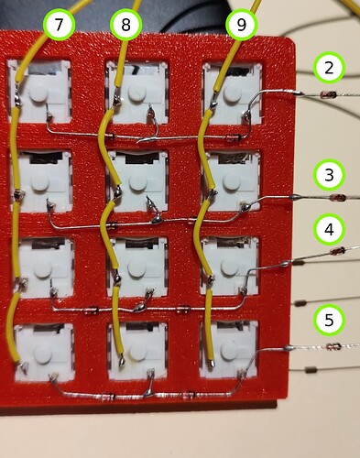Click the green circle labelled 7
pyautogui.click(x=60, y=27)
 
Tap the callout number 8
pyautogui.click(x=125, y=27)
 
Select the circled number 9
pyautogui.click(x=241, y=27)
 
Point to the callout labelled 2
pyautogui.click(x=329, y=67)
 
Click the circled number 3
pyautogui.click(x=329, y=173)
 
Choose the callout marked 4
pyautogui.click(x=329, y=226)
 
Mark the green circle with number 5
pyautogui.click(x=329, y=320)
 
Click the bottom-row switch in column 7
pyautogui.click(x=38, y=351)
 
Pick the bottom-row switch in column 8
pyautogui.click(x=137, y=351)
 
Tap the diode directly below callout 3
pyautogui.click(x=335, y=196)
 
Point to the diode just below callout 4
pyautogui.click(x=336, y=249)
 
